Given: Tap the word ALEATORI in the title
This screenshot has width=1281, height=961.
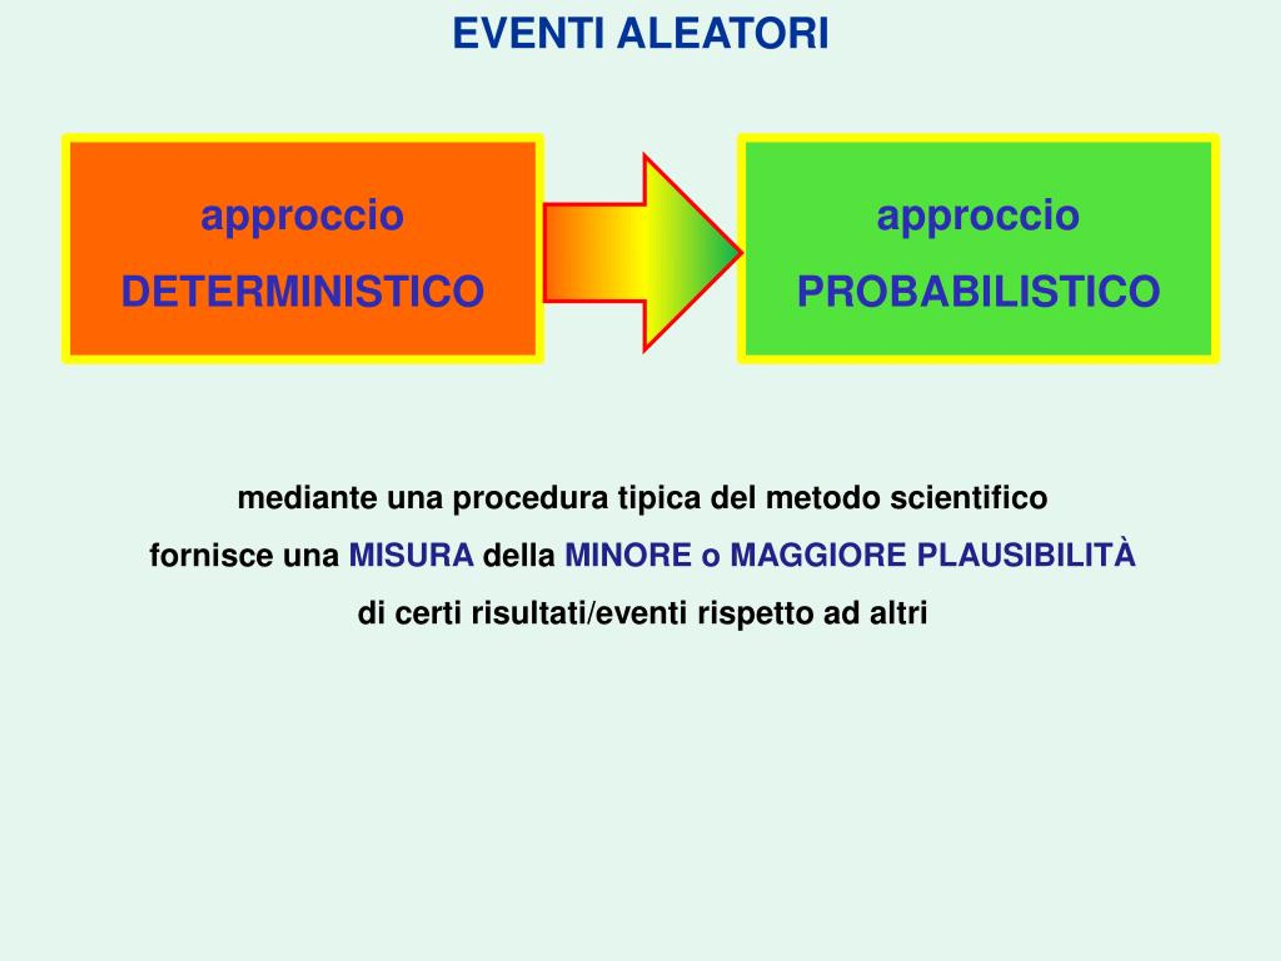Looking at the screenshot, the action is (x=723, y=34).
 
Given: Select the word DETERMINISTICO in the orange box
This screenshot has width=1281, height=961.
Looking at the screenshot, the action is (x=302, y=291).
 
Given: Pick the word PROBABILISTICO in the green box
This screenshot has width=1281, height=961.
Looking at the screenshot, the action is (x=979, y=291).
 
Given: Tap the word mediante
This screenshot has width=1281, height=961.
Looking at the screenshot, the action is (x=308, y=498).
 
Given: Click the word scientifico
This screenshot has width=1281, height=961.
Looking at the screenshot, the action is (x=969, y=498).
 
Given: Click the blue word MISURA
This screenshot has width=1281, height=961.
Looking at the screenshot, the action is (x=411, y=555).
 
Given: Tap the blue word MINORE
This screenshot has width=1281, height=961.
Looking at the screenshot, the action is (x=628, y=555).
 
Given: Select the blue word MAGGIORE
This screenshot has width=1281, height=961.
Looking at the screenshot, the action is (x=818, y=555).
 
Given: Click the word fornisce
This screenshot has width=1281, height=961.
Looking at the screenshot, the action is (x=211, y=555).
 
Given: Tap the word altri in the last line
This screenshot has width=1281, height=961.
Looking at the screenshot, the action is (x=898, y=613).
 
